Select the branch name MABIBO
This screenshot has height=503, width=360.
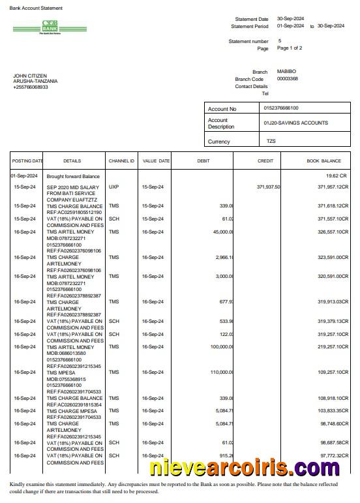[x=287, y=71]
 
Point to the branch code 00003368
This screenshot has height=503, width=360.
[x=288, y=78]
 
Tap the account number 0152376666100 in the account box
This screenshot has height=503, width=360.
[x=281, y=108]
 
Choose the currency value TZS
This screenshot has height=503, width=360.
[x=271, y=141]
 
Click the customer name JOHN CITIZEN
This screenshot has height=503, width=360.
[x=30, y=76]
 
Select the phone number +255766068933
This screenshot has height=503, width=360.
[x=31, y=87]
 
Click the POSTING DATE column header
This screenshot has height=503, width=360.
[x=27, y=160]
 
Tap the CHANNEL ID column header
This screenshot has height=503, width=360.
[x=121, y=160]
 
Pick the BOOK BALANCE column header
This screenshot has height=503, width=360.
[x=323, y=160]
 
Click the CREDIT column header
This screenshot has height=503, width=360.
[x=265, y=160]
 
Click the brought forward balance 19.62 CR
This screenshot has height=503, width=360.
[x=337, y=176]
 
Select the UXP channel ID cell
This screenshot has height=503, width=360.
[x=114, y=187]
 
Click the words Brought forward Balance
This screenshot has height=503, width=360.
[x=73, y=176]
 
